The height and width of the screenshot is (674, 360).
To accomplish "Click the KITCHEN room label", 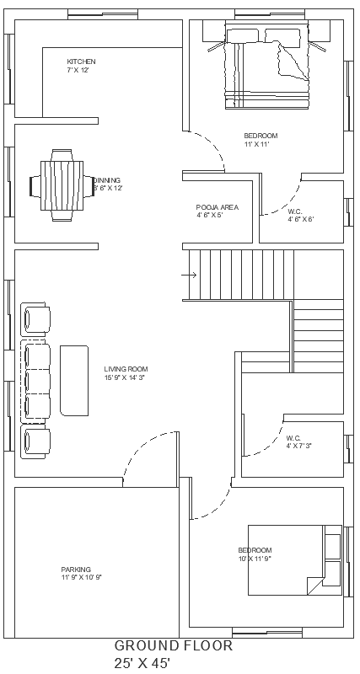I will [x=82, y=62].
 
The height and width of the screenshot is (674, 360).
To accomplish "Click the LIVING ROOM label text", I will [x=126, y=369].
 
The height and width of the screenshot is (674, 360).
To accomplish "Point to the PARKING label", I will [x=76, y=569].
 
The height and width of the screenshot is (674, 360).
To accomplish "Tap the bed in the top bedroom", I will [x=268, y=67].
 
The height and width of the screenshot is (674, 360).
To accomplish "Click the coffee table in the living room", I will [x=74, y=379].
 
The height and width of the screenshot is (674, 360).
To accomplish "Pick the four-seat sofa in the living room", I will [x=35, y=380].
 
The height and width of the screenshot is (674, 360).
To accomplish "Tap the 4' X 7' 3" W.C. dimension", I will [x=298, y=446].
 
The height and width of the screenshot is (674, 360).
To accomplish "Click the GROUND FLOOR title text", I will [x=174, y=646].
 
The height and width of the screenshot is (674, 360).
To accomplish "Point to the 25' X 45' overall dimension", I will [x=142, y=664].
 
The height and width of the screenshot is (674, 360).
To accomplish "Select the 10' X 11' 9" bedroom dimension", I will [x=254, y=559].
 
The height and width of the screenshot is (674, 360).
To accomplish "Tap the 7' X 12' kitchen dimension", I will [x=78, y=71].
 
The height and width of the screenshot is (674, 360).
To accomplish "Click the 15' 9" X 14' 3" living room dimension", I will [x=126, y=378].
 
